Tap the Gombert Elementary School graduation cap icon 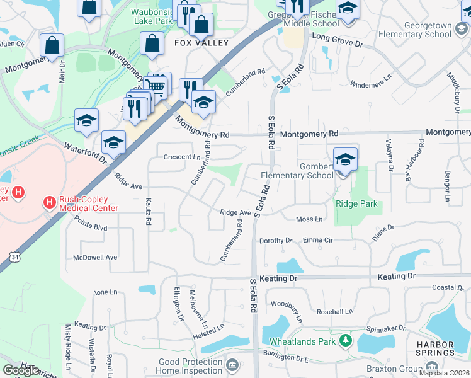344,160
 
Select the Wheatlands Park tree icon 344,341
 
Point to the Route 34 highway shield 14,256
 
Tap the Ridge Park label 356,203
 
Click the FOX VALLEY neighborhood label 201,43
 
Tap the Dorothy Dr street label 276,240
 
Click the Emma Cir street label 318,239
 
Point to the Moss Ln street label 309,219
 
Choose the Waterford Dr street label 85,153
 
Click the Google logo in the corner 21,370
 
